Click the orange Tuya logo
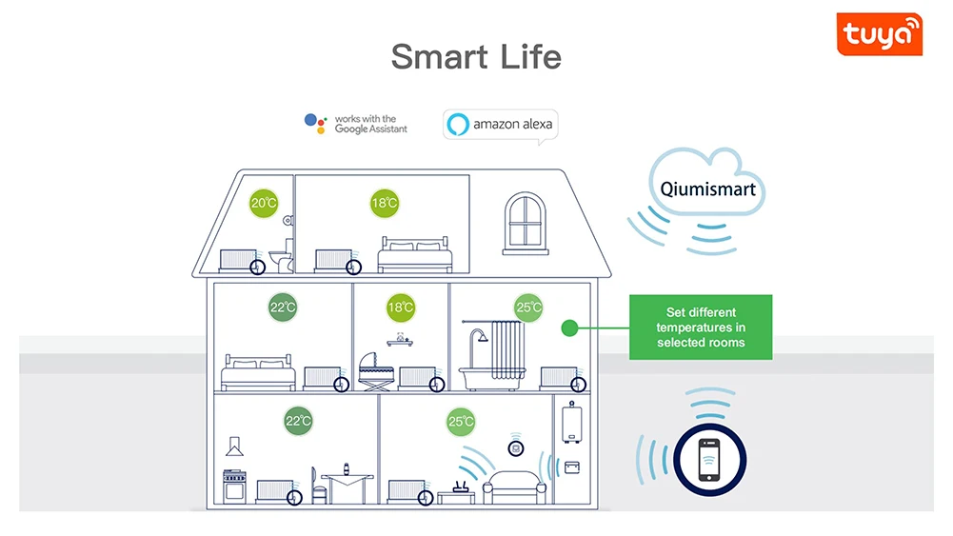click(879, 34)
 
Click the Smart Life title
click(476, 57)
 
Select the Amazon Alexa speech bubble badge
click(499, 125)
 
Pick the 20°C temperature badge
click(264, 203)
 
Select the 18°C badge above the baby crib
click(401, 308)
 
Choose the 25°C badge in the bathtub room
click(528, 308)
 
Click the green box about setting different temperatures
click(701, 327)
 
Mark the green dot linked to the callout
click(569, 328)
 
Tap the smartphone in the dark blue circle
click(709, 461)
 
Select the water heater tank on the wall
click(571, 421)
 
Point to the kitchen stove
click(235, 486)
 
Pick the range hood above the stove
click(234, 443)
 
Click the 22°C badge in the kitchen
click(298, 421)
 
